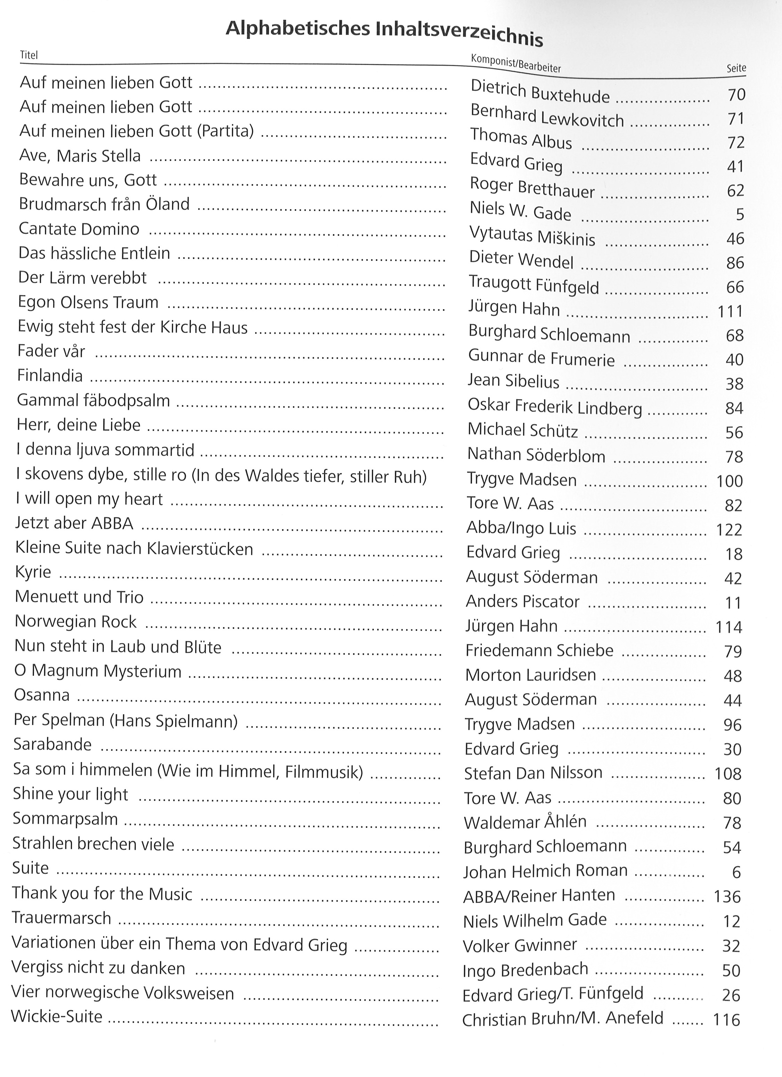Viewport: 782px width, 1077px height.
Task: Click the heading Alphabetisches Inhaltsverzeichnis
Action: coord(384,32)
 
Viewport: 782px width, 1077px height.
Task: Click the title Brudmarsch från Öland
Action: coord(104,204)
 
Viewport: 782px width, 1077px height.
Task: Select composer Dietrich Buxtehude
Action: coord(540,92)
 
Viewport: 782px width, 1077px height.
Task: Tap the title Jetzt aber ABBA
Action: coord(74,523)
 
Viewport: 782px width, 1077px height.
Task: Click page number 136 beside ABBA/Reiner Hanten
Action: coord(727,897)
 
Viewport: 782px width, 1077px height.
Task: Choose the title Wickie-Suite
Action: coord(57,1016)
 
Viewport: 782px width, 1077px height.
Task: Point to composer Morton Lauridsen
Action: coord(530,675)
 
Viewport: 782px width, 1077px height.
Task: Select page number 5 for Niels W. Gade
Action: coord(739,215)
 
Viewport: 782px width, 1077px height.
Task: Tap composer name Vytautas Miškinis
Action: coord(532,236)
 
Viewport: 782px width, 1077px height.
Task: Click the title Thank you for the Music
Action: coord(102,894)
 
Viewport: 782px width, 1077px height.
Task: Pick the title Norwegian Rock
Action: coord(75,622)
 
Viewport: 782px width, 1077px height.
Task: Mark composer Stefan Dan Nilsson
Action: coord(533,773)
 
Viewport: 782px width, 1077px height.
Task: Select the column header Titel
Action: coord(28,56)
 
